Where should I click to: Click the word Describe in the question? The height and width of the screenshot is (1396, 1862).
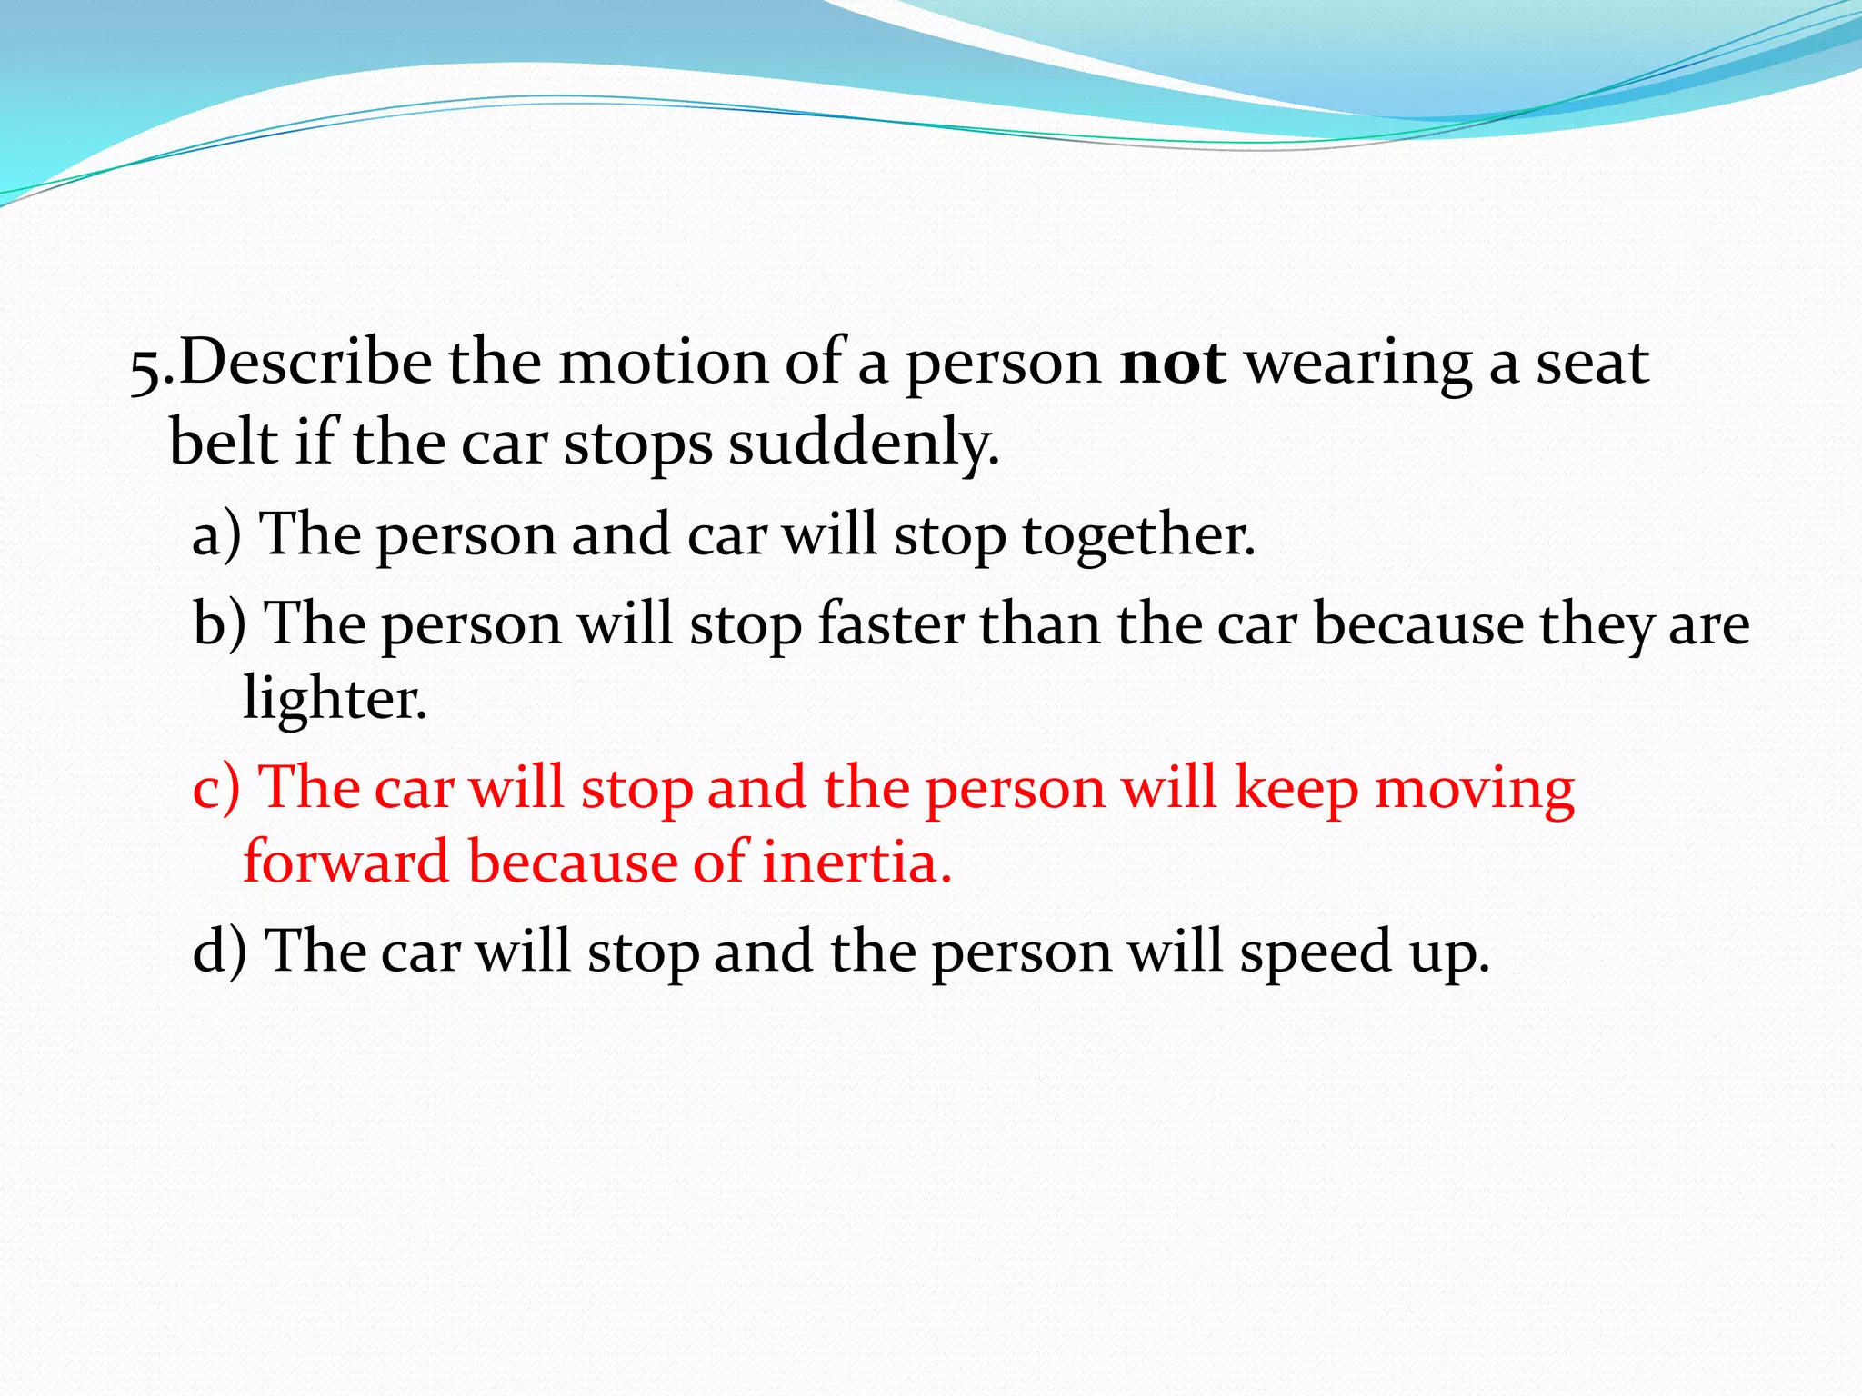click(305, 362)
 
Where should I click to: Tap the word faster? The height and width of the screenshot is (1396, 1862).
click(890, 625)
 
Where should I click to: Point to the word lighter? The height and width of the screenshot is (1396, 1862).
click(334, 700)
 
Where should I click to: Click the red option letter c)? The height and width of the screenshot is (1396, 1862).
click(216, 787)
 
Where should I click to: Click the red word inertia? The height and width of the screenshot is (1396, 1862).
click(856, 862)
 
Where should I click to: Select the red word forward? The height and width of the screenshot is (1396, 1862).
click(345, 862)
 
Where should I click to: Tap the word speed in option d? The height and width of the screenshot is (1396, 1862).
click(1316, 952)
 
